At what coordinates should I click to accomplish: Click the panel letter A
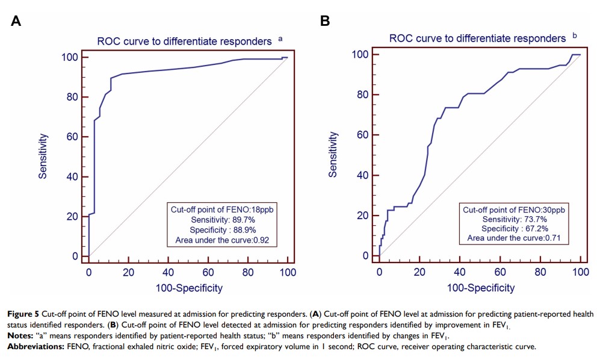[16, 21]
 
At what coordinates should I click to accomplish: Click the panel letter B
[325, 21]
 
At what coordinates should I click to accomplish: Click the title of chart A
[184, 42]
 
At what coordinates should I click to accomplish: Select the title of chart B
[477, 39]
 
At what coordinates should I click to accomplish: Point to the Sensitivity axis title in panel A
[43, 157]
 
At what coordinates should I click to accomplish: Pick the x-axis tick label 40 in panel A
[168, 272]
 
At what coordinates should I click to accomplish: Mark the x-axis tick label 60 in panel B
[499, 272]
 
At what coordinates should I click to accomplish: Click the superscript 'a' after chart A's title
[280, 39]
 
